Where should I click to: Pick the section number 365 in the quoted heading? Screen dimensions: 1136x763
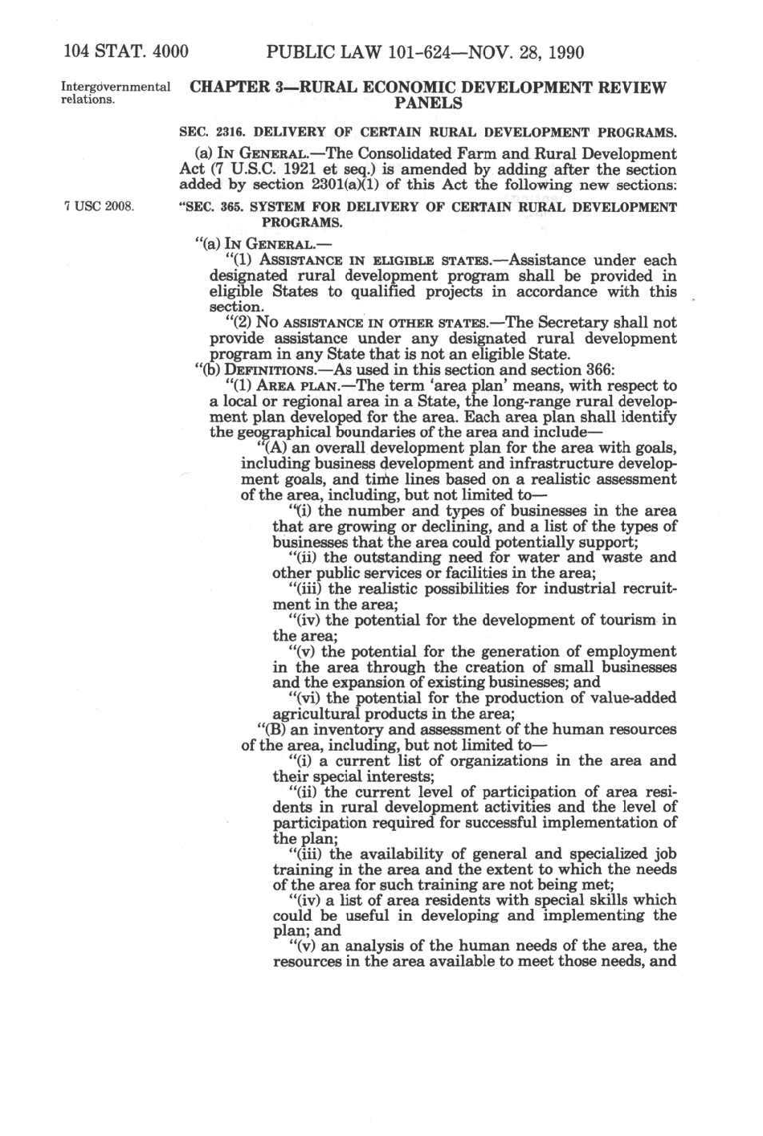231,207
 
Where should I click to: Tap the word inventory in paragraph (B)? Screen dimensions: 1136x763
341,730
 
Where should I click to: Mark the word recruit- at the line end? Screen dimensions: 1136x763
644,588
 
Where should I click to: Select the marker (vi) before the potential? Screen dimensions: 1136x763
304,698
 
